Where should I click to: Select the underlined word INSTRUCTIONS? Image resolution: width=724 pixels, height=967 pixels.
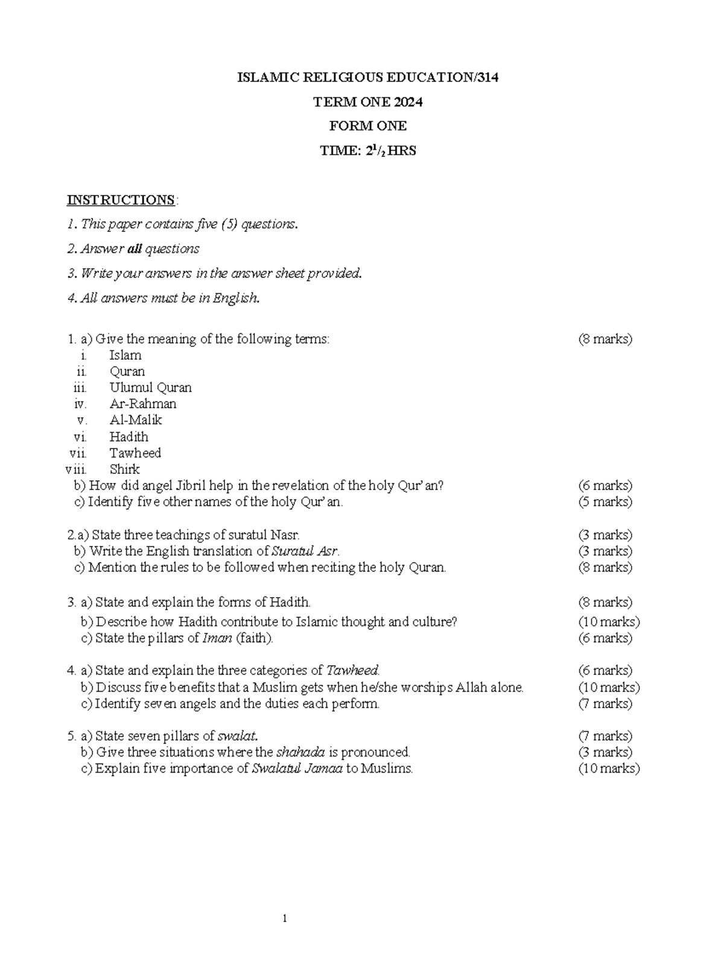tap(121, 200)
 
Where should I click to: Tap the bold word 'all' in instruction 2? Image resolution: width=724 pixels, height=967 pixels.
tap(135, 249)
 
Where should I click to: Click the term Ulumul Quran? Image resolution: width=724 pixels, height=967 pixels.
tap(150, 388)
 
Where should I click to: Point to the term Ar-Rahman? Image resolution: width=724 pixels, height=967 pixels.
tap(143, 404)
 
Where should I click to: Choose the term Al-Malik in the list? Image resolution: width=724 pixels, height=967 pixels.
tap(136, 420)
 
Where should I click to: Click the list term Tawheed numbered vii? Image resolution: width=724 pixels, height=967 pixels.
tap(135, 453)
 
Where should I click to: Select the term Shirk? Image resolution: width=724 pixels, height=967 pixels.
tap(124, 469)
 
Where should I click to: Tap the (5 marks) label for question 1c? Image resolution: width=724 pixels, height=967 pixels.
tap(605, 502)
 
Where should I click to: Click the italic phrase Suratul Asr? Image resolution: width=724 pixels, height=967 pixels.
tap(305, 551)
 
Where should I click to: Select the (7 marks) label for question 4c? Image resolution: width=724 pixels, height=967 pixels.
tap(605, 703)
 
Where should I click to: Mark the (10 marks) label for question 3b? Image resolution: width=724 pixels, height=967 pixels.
tap(609, 622)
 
